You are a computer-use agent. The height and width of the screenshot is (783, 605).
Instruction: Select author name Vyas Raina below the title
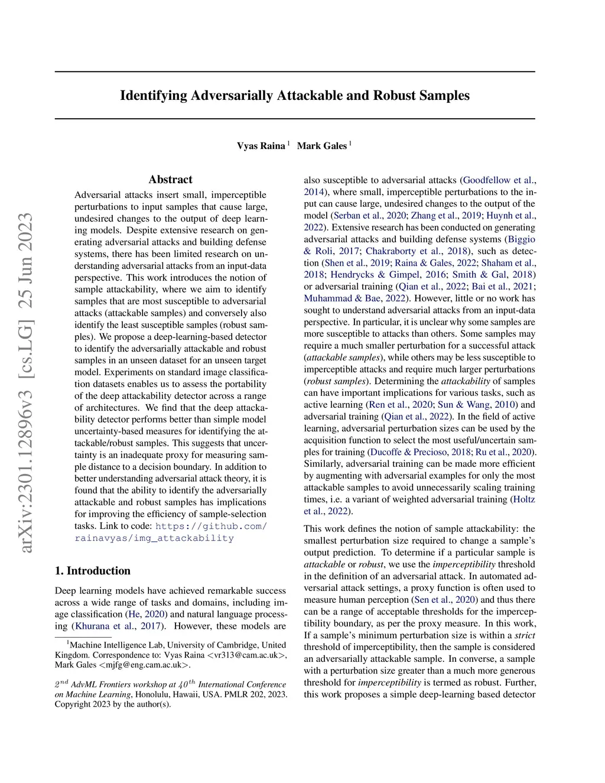(261, 146)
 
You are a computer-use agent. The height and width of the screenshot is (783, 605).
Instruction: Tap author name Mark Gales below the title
(321, 146)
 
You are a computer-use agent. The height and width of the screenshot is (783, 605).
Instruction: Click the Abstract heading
(170, 180)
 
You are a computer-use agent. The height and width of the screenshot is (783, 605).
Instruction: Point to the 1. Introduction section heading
(93, 571)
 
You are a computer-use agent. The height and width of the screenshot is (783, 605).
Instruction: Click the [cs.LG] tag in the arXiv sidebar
(27, 349)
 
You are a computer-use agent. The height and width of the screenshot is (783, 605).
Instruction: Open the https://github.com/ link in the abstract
(211, 526)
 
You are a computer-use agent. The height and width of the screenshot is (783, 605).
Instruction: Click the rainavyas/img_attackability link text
(154, 538)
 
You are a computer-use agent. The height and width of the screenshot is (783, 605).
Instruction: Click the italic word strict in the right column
(525, 635)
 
